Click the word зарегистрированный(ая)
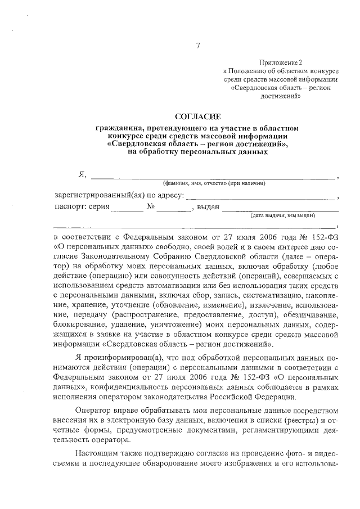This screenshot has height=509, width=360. coord(92,196)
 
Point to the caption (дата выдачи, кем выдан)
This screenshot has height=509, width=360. coord(282,215)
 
